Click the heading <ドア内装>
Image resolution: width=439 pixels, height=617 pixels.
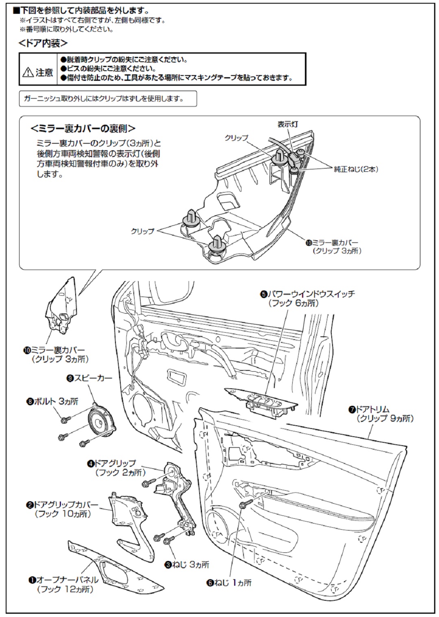pos(43,43)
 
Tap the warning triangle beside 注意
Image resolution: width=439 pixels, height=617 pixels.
pos(28,73)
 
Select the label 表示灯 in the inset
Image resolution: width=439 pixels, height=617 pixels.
pos(287,124)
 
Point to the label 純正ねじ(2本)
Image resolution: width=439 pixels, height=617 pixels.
pos(356,169)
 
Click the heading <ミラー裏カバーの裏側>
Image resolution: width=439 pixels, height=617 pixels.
pos(83,128)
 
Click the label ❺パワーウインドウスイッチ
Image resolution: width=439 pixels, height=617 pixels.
pos(307,294)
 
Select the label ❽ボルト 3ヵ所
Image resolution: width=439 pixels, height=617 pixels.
pos(52,401)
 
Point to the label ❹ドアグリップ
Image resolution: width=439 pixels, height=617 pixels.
pos(111,463)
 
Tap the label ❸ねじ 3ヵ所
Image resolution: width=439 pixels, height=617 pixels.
pos(187,565)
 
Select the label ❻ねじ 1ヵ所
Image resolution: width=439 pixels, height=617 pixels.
pos(229,582)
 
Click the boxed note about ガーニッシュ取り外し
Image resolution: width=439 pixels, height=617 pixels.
pos(108,99)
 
